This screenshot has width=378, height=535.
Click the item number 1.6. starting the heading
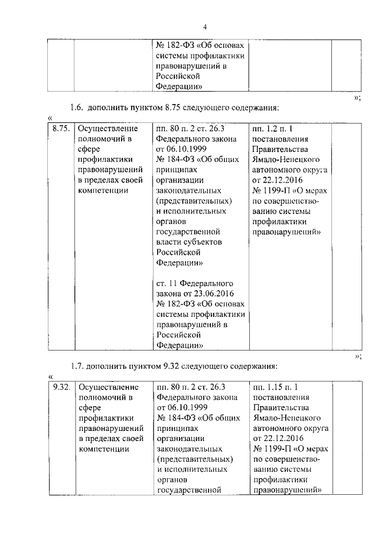pyautogui.click(x=77, y=108)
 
